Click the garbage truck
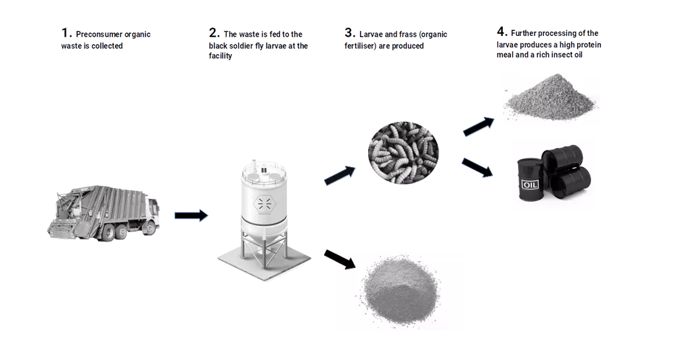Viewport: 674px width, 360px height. pyautogui.click(x=103, y=212)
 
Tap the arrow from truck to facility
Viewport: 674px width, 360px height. pyautogui.click(x=192, y=215)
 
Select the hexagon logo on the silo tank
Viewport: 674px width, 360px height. pyautogui.click(x=265, y=203)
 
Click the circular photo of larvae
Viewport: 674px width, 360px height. pyautogui.click(x=403, y=152)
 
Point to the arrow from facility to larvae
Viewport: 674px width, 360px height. pyautogui.click(x=340, y=175)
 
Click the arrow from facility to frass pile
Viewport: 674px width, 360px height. pyautogui.click(x=340, y=259)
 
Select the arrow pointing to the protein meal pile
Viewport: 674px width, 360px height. pyautogui.click(x=478, y=127)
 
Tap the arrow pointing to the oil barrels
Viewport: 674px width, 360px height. pyautogui.click(x=477, y=168)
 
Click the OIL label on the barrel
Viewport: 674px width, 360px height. pyautogui.click(x=530, y=185)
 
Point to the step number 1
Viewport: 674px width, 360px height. pyautogui.click(x=66, y=33)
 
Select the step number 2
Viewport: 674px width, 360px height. pyautogui.click(x=214, y=32)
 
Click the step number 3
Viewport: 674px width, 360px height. pyautogui.click(x=349, y=32)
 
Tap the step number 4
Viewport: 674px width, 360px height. pyautogui.click(x=502, y=31)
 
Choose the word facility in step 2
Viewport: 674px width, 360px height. pyautogui.click(x=221, y=56)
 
